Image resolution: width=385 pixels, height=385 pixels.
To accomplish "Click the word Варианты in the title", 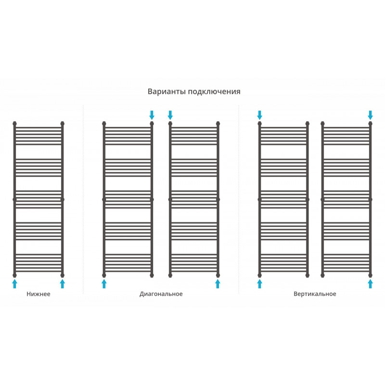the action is tap(167, 91).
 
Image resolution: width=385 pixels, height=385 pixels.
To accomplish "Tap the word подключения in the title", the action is tap(214, 92).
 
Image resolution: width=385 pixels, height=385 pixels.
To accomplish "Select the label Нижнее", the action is tap(38, 294).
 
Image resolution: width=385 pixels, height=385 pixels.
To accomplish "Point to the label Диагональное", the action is tap(161, 294).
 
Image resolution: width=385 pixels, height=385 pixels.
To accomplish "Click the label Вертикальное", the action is tap(315, 294).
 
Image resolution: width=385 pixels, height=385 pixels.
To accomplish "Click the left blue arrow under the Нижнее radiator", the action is tap(15, 283).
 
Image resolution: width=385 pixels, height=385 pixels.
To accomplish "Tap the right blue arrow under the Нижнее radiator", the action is tap(63, 283).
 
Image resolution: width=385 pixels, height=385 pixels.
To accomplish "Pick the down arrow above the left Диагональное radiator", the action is tap(152, 115).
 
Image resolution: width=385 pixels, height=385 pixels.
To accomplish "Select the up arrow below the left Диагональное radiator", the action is tap(104, 283).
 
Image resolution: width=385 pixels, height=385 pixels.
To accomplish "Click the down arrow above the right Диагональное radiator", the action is tap(170, 115).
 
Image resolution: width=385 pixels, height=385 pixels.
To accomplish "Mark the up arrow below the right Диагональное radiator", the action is tap(218, 283).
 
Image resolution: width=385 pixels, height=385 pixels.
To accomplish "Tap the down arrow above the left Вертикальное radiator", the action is tap(259, 115).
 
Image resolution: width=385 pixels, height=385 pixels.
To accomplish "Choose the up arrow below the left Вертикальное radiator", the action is tap(259, 283).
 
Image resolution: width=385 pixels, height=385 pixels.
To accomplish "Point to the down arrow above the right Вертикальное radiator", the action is tap(370, 115).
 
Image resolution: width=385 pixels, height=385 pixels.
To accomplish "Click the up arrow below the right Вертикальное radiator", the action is tap(370, 283).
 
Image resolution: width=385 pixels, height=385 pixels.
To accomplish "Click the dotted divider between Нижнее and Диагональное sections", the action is tap(83, 199).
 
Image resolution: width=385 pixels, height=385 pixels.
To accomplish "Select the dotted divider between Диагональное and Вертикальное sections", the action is tap(239, 199).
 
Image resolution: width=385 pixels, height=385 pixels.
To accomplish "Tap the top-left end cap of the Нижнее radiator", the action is tap(15, 123).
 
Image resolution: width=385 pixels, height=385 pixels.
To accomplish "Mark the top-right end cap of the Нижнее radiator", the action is tap(63, 123).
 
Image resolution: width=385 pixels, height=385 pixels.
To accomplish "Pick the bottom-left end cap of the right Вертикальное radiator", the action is tap(322, 275).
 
